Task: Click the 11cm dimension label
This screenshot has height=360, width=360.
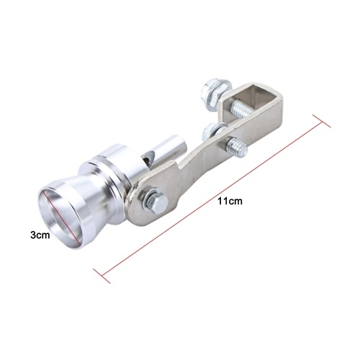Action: point(230,201)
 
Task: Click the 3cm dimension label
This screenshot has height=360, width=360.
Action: point(40,235)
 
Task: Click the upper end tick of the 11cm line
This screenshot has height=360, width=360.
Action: point(321,121)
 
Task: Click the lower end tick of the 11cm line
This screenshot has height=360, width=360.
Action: point(102,276)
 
